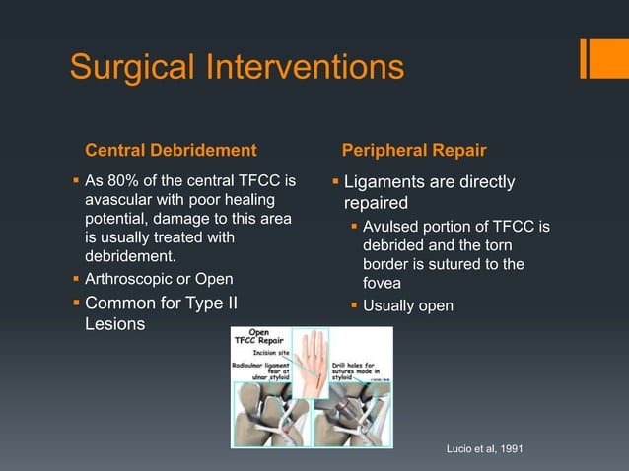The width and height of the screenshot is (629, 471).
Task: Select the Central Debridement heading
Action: tap(171, 151)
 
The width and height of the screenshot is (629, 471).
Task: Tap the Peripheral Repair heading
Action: tap(413, 151)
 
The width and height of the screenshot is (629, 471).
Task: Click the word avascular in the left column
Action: tap(119, 200)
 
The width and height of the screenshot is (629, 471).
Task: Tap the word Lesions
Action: tap(114, 324)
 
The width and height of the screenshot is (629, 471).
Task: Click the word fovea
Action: tap(382, 284)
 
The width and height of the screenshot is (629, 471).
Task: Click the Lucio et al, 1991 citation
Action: tap(485, 449)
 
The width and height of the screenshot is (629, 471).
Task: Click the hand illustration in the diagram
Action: tap(310, 356)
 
